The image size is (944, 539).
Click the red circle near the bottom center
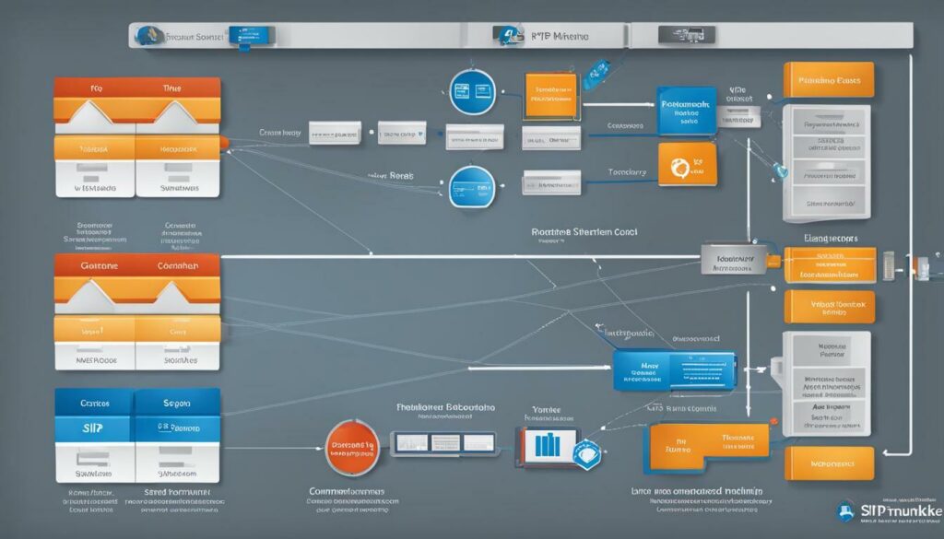pyautogui.click(x=351, y=446)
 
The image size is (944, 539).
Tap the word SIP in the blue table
pyautogui.click(x=92, y=428)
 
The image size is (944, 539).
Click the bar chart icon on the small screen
pyautogui.click(x=549, y=446)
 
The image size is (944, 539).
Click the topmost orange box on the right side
pyautogui.click(x=828, y=81)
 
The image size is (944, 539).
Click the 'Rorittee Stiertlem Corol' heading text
pyautogui.click(x=584, y=234)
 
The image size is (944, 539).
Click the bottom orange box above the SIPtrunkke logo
pyautogui.click(x=829, y=463)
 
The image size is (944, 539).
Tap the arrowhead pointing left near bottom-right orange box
pyautogui.click(x=886, y=451)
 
